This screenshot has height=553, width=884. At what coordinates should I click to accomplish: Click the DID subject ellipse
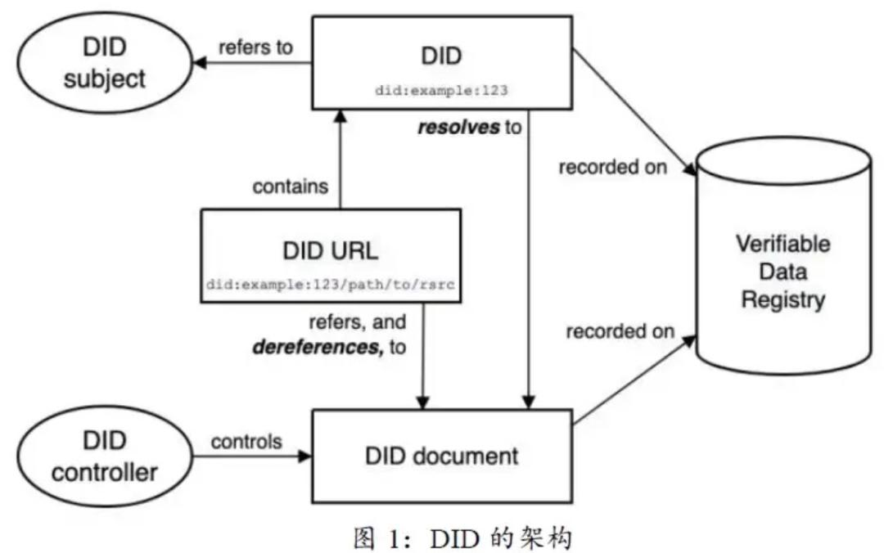(104, 63)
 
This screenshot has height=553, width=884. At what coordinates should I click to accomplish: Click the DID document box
(442, 456)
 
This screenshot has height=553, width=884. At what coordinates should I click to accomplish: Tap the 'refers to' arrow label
(255, 47)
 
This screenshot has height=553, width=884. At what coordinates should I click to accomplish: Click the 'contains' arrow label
(290, 187)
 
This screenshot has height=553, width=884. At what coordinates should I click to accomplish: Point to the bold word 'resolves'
(458, 128)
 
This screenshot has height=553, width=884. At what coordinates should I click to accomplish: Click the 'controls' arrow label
(246, 442)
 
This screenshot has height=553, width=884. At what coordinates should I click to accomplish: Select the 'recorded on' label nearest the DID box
(613, 168)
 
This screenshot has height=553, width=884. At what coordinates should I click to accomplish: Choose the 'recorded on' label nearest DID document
(620, 331)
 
